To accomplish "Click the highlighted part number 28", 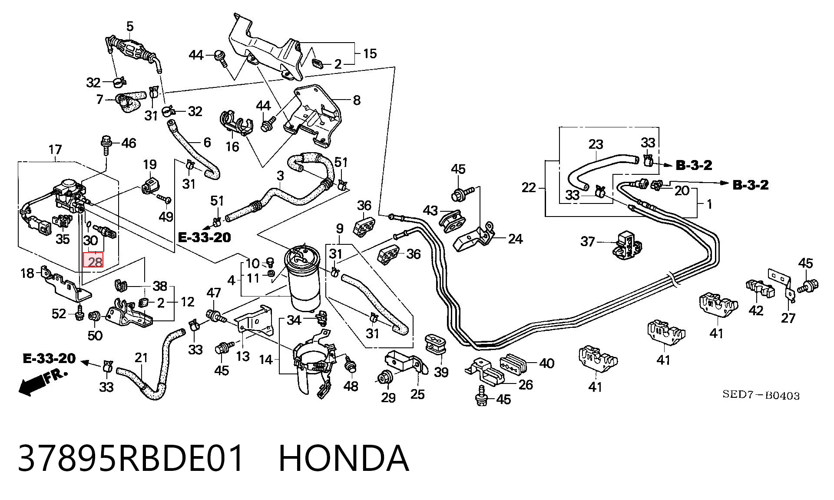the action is pyautogui.click(x=96, y=262).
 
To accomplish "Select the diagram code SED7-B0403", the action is pyautogui.click(x=761, y=395).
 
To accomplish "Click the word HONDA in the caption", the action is pyautogui.click(x=343, y=458).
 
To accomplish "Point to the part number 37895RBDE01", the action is pyautogui.click(x=131, y=458).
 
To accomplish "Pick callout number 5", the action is pyautogui.click(x=130, y=27).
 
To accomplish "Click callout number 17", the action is pyautogui.click(x=55, y=150).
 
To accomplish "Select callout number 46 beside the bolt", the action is pyautogui.click(x=128, y=143).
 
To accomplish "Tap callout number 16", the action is pyautogui.click(x=232, y=146).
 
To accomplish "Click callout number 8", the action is pyautogui.click(x=357, y=100).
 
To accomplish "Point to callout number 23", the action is pyautogui.click(x=596, y=144).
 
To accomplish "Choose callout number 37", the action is pyautogui.click(x=587, y=241).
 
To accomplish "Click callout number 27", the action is pyautogui.click(x=788, y=318).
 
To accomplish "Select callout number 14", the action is pyautogui.click(x=266, y=360).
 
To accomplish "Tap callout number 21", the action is pyautogui.click(x=141, y=358).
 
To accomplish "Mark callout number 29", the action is pyautogui.click(x=388, y=397).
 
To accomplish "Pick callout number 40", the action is pyautogui.click(x=546, y=363).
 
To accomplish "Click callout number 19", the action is pyautogui.click(x=150, y=165).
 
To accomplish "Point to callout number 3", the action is pyautogui.click(x=280, y=176).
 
